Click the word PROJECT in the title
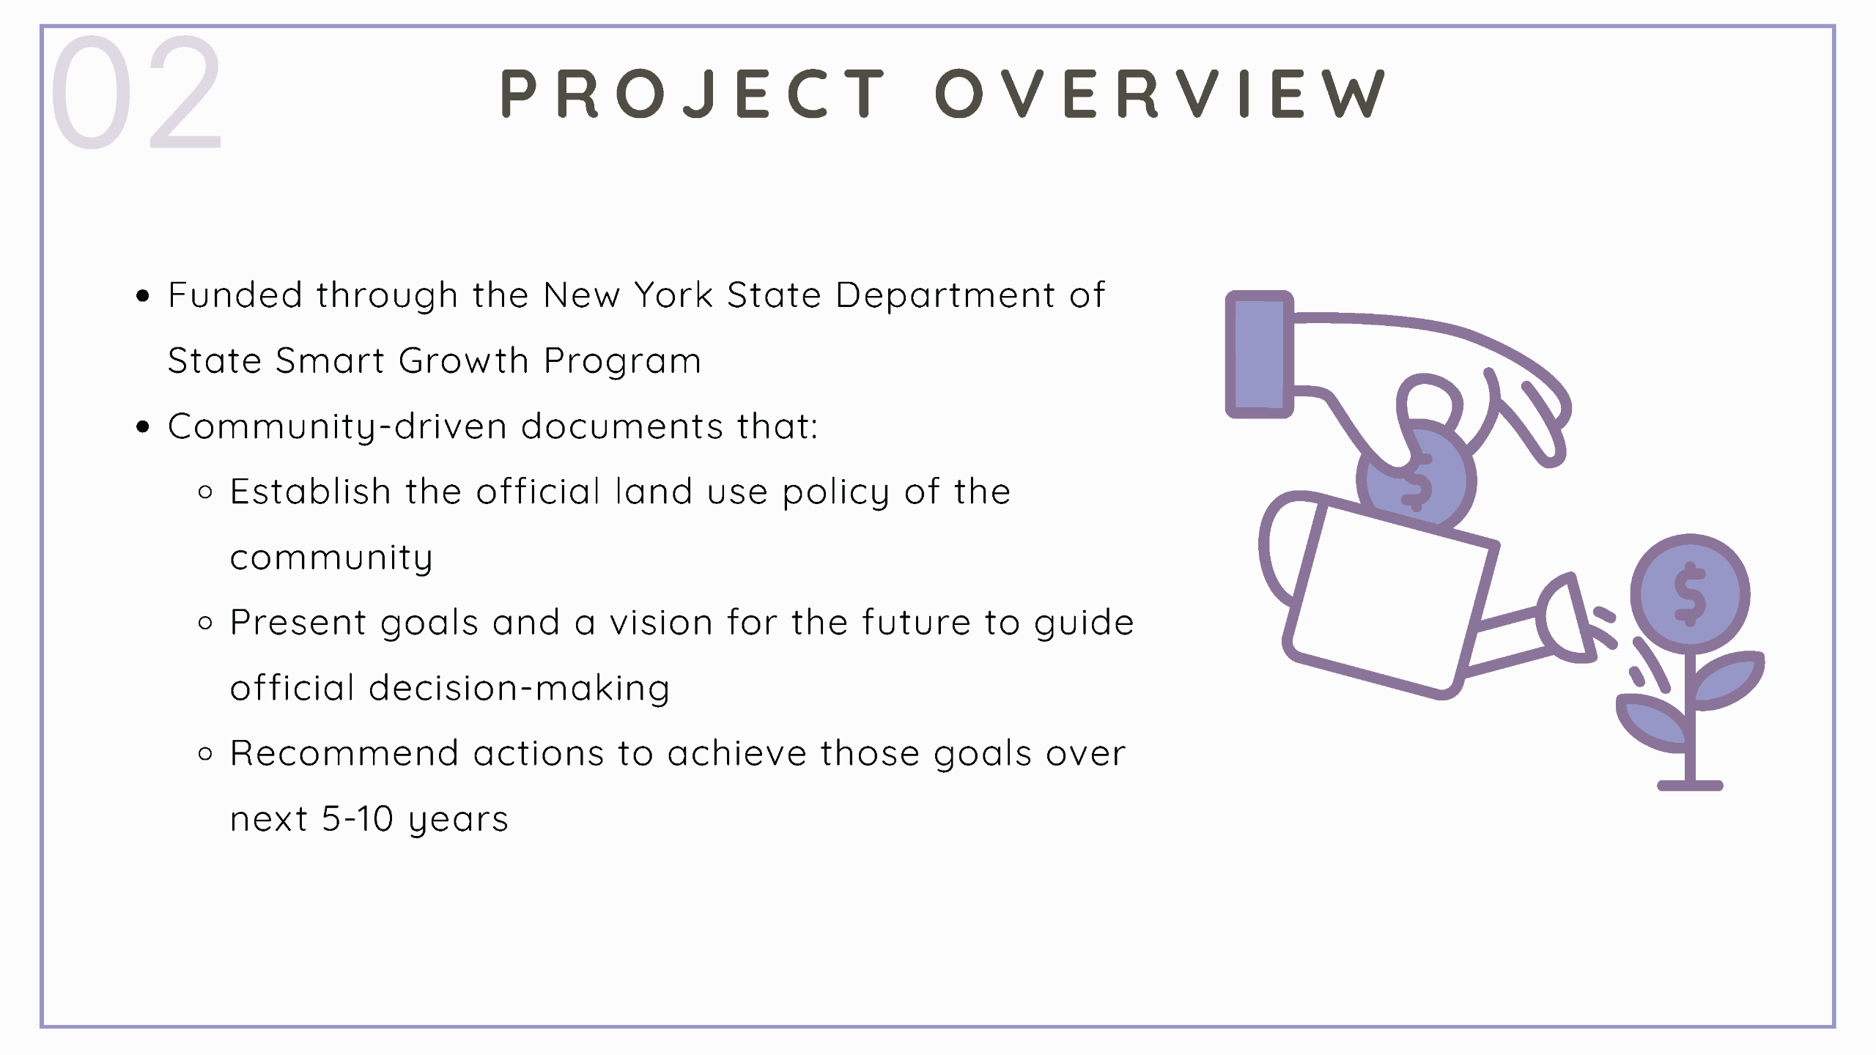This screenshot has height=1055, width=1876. click(x=693, y=94)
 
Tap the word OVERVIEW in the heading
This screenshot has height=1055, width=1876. click(x=1160, y=94)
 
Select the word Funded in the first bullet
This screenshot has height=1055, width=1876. click(x=235, y=295)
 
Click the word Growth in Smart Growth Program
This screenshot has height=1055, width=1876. click(x=463, y=360)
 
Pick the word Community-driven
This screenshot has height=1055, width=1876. click(x=337, y=427)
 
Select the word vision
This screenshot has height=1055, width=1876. click(x=661, y=623)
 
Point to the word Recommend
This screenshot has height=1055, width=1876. click(x=344, y=754)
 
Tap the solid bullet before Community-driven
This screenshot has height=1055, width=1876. click(x=143, y=427)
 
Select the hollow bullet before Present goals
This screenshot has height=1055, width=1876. click(x=206, y=623)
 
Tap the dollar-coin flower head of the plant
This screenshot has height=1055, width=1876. click(x=1690, y=594)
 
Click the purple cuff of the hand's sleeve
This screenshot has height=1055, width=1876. click(x=1259, y=355)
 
